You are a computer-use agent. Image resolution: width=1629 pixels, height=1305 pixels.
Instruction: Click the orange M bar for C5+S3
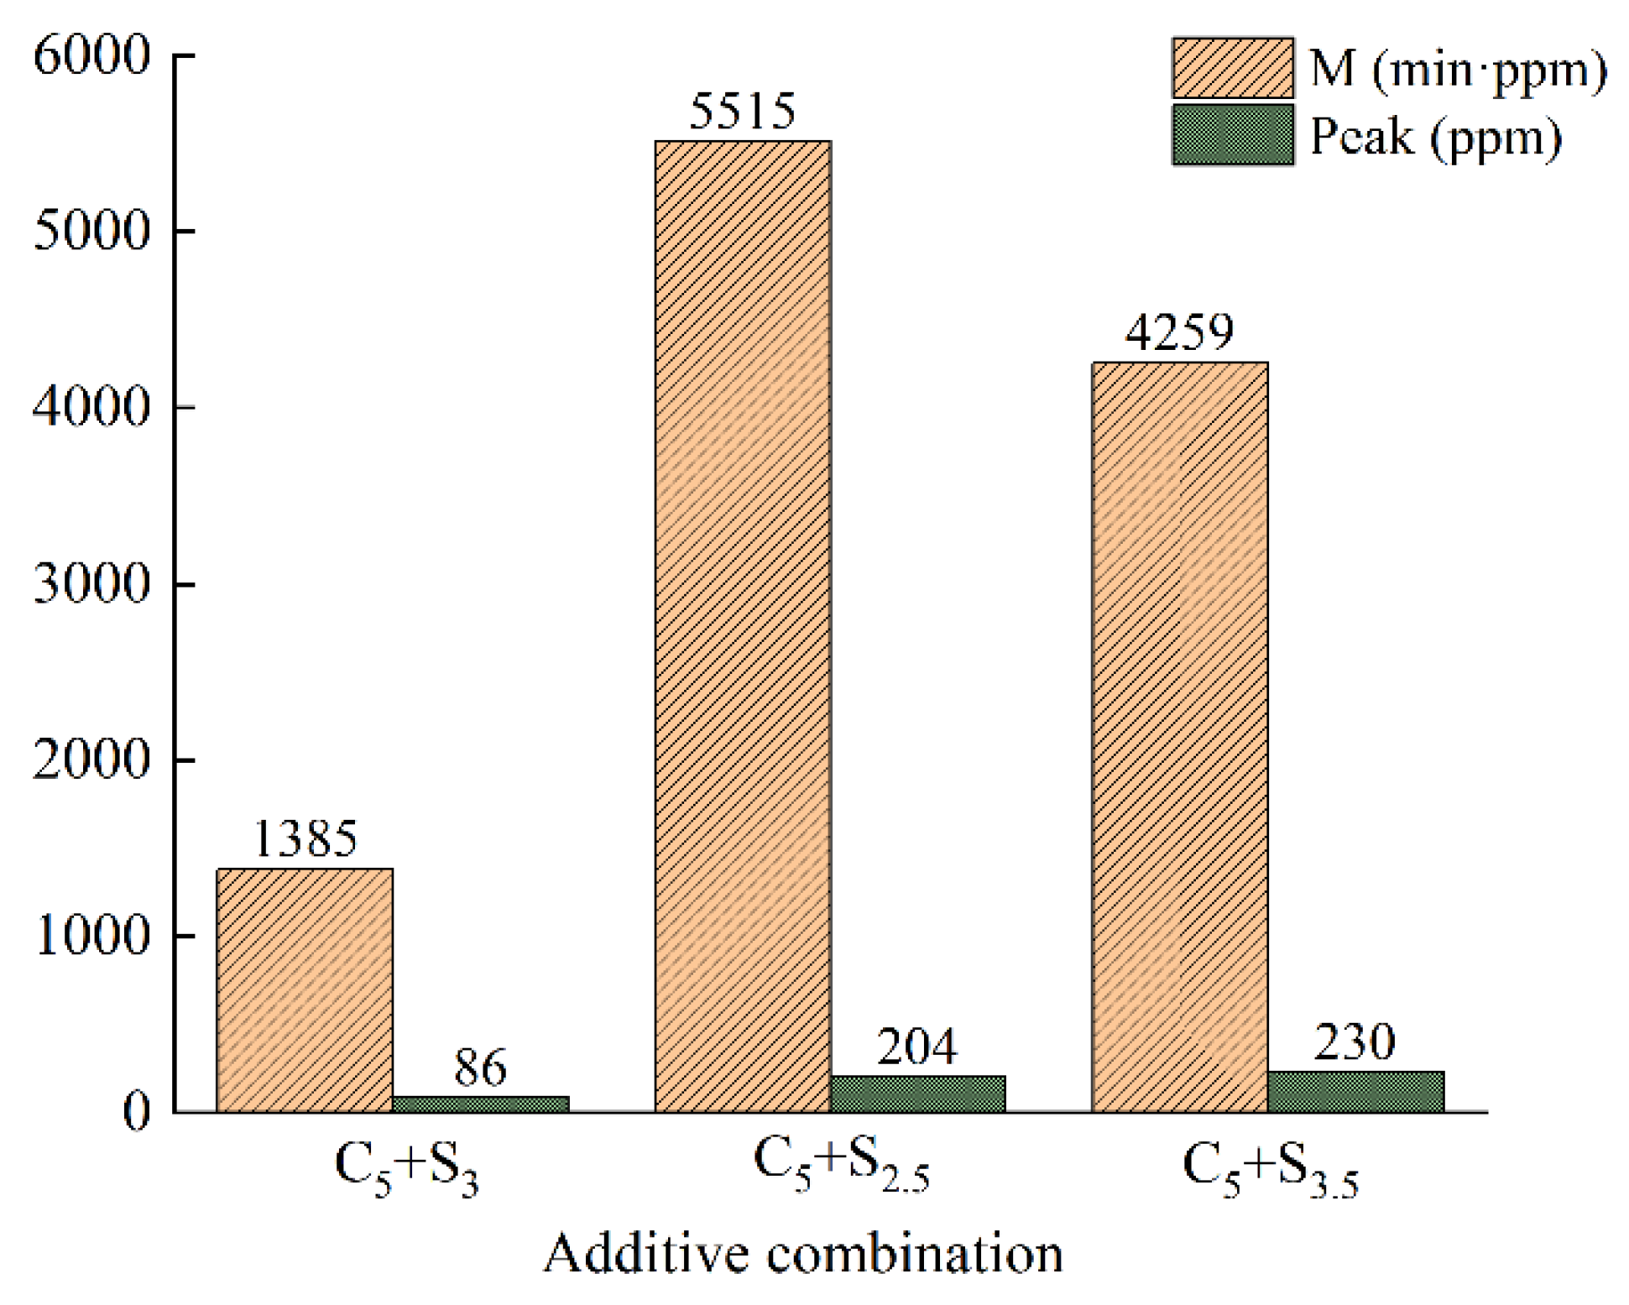[304, 990]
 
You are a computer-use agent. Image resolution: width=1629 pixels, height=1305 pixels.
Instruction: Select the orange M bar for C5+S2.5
[742, 626]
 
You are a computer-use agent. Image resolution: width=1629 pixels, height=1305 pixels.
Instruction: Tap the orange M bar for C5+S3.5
[1179, 737]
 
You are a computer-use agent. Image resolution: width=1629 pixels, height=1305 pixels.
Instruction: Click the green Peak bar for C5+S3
[480, 1104]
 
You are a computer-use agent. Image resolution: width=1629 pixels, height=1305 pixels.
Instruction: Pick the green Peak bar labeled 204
[917, 1094]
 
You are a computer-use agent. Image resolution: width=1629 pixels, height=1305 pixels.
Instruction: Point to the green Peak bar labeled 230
[1355, 1091]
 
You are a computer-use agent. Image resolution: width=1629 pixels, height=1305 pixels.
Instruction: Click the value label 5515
[742, 111]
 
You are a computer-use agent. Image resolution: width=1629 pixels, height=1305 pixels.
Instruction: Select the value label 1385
[305, 838]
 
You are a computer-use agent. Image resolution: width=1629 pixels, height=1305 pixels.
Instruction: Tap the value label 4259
[1179, 332]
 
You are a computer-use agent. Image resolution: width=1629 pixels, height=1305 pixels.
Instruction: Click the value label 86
[480, 1067]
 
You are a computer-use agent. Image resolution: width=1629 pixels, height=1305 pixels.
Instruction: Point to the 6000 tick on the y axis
[91, 56]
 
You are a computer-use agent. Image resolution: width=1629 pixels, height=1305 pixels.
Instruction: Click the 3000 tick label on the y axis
[91, 584]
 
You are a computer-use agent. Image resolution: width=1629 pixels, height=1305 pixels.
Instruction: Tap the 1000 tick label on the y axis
[91, 936]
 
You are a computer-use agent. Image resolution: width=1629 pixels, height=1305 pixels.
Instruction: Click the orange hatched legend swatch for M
[1232, 68]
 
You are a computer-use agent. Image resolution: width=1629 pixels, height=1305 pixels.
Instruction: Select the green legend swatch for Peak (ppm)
[1232, 134]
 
